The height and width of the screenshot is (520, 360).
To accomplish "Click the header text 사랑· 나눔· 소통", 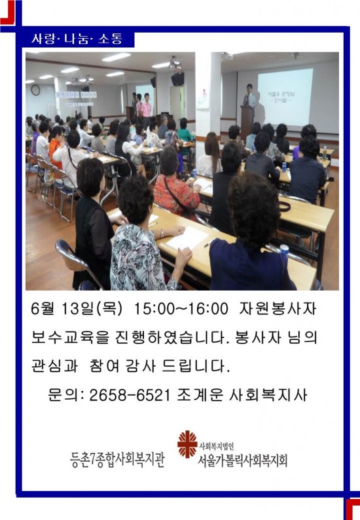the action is pos(77,39).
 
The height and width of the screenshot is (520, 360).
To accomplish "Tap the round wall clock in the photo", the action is pos(35,90).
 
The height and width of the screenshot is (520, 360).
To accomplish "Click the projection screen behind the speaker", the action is pos(285,97).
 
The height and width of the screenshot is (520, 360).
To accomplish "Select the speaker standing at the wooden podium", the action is pos(250,96).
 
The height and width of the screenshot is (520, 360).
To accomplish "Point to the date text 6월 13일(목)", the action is pos(77,309).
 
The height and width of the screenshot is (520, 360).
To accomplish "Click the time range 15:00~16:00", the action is pos(181,309).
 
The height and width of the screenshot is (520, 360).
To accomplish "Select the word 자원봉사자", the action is pos(277,308).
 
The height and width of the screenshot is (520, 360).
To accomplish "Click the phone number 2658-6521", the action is pos(130,395).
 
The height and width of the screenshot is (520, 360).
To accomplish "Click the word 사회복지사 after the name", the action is pos(268,395).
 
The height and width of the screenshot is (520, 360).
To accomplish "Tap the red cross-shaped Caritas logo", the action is pos(187,444).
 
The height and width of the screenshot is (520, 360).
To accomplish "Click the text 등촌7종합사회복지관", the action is pos(117,460).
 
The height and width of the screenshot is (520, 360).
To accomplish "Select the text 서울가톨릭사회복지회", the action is pos(242,460).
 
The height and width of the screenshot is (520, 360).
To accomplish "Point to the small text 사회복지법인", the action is pos(217,447).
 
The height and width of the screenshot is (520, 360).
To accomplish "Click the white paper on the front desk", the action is pos(187,238).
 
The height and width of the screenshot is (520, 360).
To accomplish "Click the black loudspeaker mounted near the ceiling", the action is pos(177,79).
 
